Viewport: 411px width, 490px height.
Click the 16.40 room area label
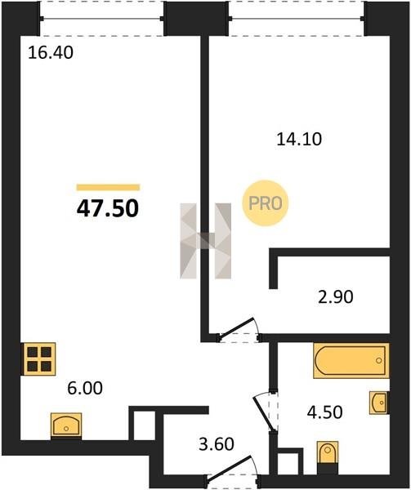[51, 52]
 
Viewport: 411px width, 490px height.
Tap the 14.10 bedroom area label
[299, 139]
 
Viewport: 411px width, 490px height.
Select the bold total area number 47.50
[108, 208]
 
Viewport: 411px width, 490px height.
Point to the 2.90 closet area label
[335, 296]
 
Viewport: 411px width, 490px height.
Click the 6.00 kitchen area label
[85, 388]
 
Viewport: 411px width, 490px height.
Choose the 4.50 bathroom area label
[324, 412]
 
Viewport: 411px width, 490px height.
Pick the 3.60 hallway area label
[217, 444]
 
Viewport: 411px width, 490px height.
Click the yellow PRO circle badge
[266, 203]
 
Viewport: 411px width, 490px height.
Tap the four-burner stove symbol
[38, 359]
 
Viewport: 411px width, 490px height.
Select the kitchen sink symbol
[66, 425]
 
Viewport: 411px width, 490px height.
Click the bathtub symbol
[351, 361]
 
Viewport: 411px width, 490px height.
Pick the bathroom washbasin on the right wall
[379, 403]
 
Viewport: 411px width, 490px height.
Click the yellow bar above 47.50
[108, 187]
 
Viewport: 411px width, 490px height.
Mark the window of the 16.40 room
[101, 19]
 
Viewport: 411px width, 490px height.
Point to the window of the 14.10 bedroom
[297, 19]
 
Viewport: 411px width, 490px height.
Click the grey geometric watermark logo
[206, 241]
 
